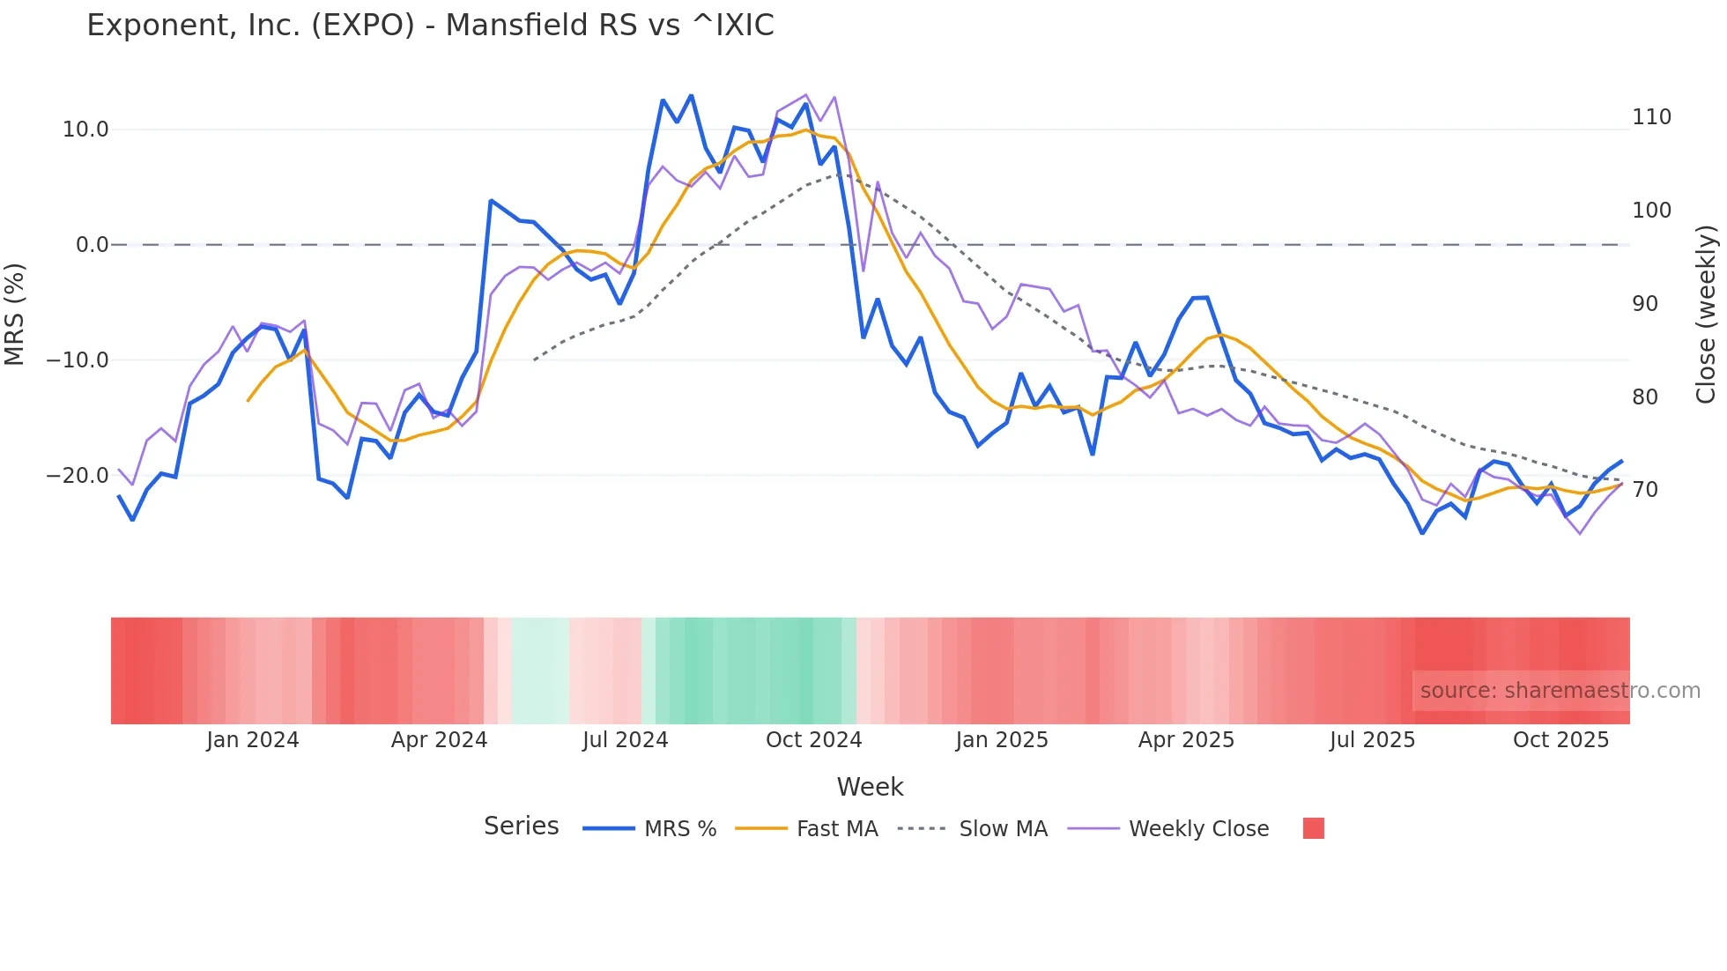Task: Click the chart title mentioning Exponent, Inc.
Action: (x=430, y=26)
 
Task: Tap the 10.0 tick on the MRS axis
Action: (x=85, y=130)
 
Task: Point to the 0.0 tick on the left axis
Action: (x=92, y=245)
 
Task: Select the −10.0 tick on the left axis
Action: (x=78, y=360)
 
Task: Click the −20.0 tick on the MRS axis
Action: (x=78, y=476)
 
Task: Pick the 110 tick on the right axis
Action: (x=1651, y=117)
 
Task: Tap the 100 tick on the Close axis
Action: (x=1651, y=211)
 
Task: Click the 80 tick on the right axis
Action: (x=1645, y=397)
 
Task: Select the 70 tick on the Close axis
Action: (x=1645, y=490)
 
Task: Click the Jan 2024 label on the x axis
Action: (x=253, y=740)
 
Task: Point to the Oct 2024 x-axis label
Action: (x=813, y=740)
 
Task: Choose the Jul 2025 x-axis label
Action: (x=1372, y=740)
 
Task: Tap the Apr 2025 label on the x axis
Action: (x=1186, y=740)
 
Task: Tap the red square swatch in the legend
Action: (x=1313, y=828)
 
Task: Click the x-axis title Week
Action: (x=870, y=787)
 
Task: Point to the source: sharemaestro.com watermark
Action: (x=1560, y=691)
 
